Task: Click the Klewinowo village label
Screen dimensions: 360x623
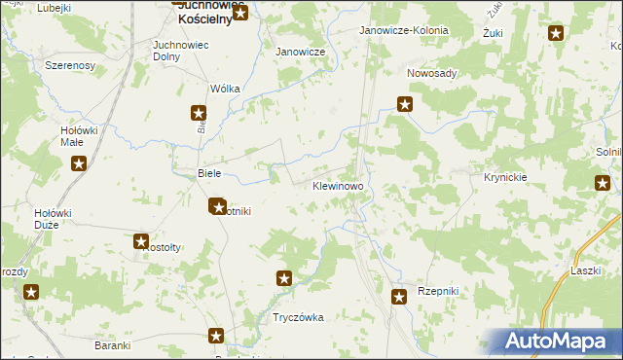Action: pyautogui.click(x=338, y=185)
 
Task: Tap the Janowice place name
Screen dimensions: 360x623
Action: pyautogui.click(x=300, y=52)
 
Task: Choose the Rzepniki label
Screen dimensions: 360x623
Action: pyautogui.click(x=437, y=291)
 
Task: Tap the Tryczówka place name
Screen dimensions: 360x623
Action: pyautogui.click(x=298, y=317)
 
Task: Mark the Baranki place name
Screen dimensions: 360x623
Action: pyautogui.click(x=113, y=344)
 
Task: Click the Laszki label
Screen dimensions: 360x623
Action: pyautogui.click(x=586, y=270)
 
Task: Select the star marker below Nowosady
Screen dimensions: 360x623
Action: pyautogui.click(x=405, y=104)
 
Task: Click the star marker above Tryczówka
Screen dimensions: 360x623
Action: pyautogui.click(x=284, y=279)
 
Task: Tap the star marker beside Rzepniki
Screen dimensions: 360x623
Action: pyautogui.click(x=397, y=297)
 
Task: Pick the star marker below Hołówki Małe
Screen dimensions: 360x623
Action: pyautogui.click(x=78, y=163)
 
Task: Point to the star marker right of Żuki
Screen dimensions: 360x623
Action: pyautogui.click(x=556, y=34)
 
